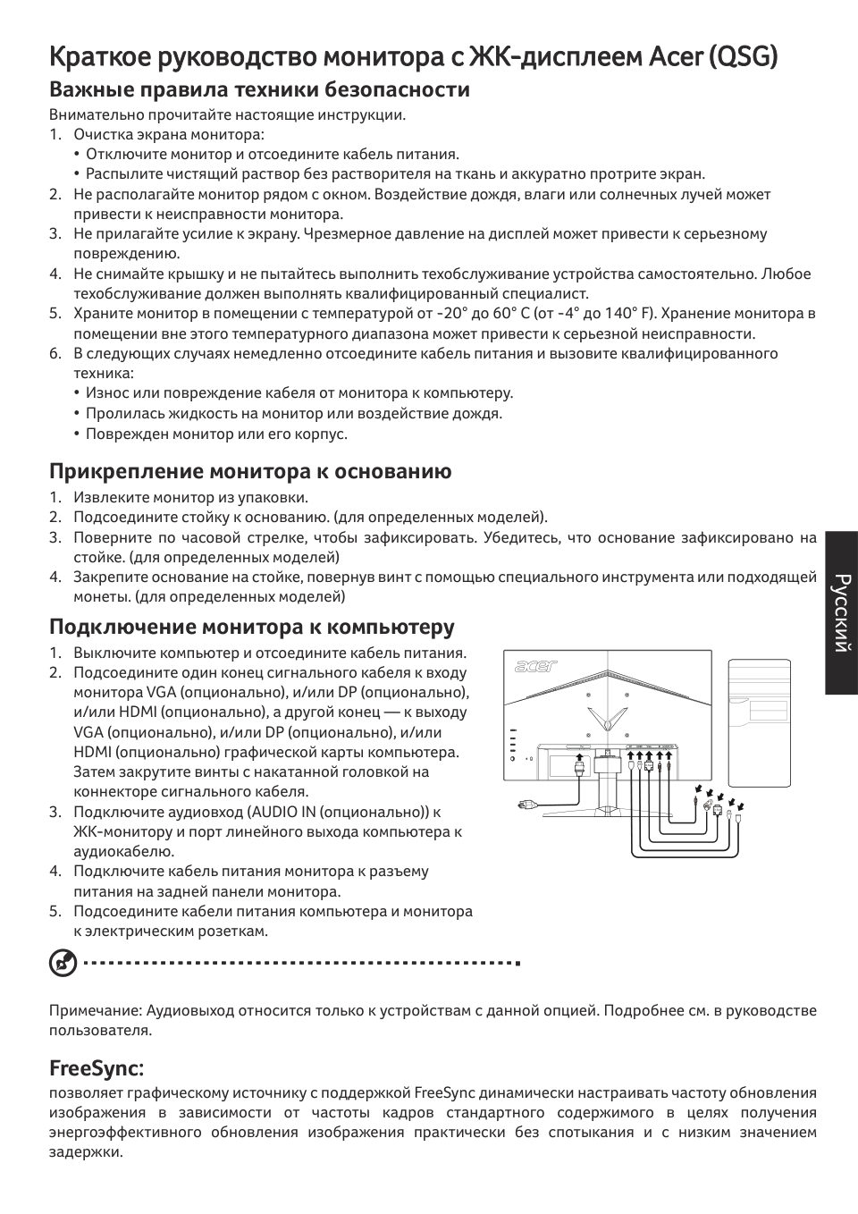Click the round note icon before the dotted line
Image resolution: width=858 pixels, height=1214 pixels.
62,964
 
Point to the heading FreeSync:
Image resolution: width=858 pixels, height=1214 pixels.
97,1068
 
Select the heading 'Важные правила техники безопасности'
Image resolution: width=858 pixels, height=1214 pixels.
259,89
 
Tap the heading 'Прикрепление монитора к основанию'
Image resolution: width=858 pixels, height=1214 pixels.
250,471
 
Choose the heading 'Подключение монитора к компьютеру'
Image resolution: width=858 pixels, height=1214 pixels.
252,626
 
